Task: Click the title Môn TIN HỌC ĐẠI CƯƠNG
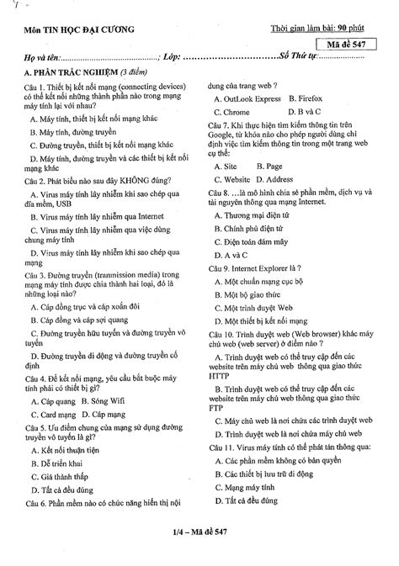[73, 31]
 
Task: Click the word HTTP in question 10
[216, 377]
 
